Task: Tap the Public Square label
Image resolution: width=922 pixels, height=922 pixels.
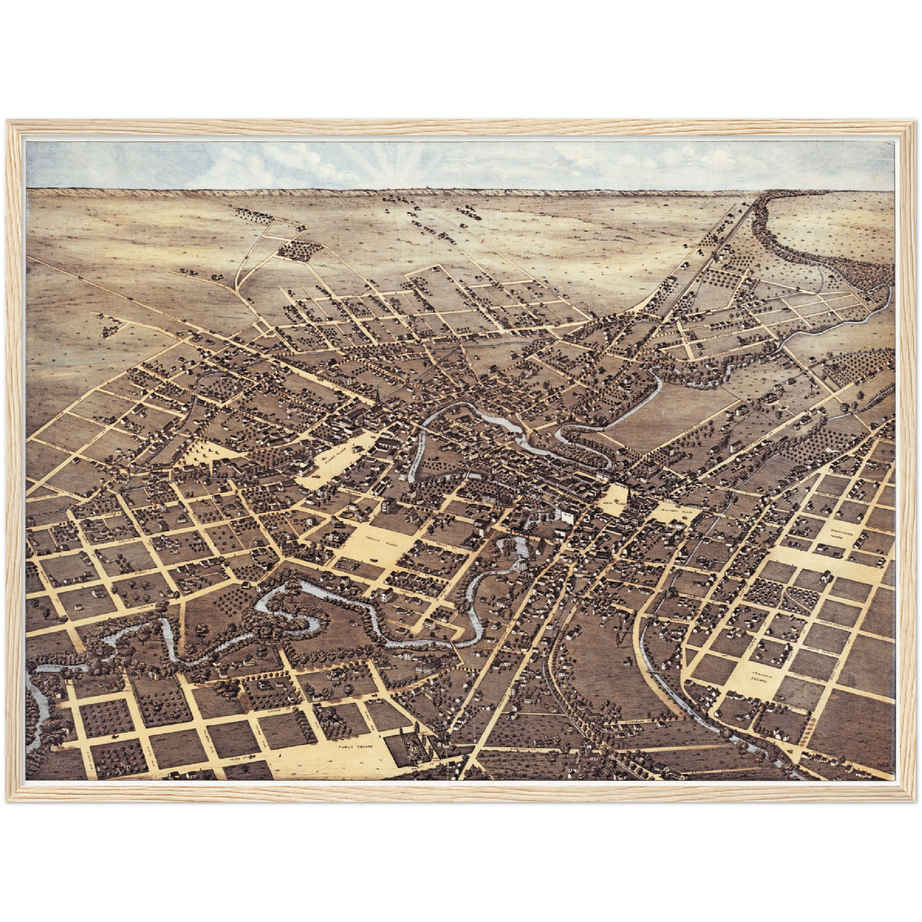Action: coord(355,745)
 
